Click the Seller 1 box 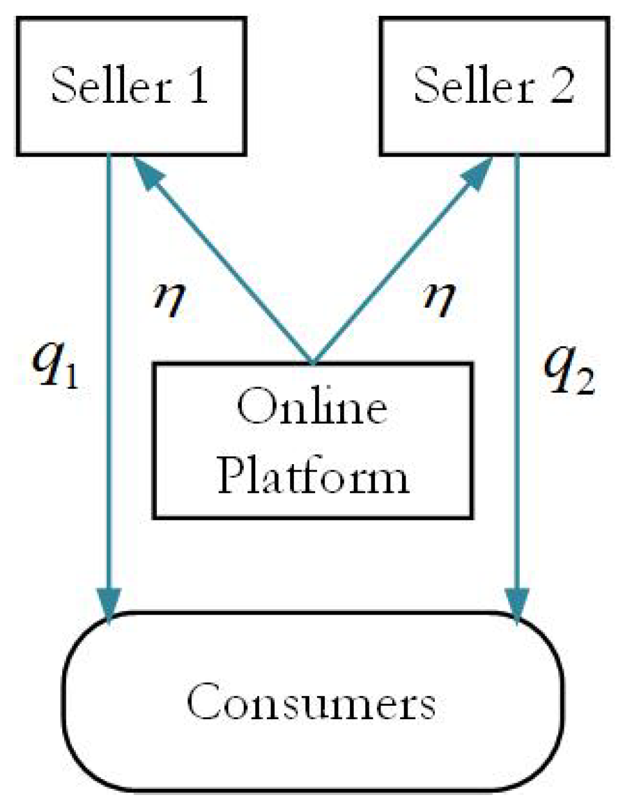point(131,86)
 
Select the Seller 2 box point(494,86)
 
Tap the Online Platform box point(312,441)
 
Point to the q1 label point(55,367)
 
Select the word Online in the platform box point(312,407)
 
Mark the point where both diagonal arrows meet point(313,363)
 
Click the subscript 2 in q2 point(585,383)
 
